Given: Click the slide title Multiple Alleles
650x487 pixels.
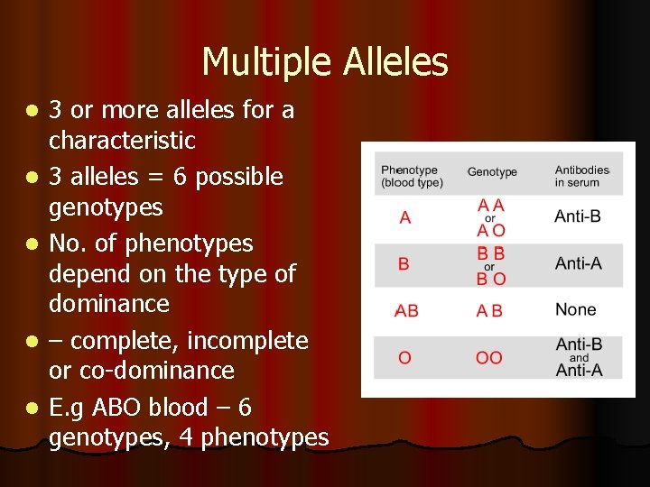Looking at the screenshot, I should coord(325,62).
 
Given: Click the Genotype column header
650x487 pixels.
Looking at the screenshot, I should coord(492,172).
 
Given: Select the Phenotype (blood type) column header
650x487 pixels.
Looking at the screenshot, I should coord(411,176).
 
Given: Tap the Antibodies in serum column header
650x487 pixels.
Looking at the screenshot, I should coord(581,176).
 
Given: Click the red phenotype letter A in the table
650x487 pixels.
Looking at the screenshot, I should coord(404,217).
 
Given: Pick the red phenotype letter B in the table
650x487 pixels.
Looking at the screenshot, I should coord(404,264).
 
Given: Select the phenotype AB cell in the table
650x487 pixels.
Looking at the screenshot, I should coord(406,310).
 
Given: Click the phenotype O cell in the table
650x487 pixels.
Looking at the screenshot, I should coord(404,358).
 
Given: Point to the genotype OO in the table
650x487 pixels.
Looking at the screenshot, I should coord(489,358).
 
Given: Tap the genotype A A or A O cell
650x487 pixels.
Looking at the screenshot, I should coord(491,218).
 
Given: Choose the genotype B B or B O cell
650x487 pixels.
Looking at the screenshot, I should coord(491,265).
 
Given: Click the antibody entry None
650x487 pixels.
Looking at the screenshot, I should coord(576,309).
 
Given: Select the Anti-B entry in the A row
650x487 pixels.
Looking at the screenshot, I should coord(578,216).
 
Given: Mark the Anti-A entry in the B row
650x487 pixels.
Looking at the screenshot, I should coord(578,263).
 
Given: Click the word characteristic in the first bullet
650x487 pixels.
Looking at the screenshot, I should coord(122,141).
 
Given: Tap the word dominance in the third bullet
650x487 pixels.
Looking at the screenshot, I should coord(109,304).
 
